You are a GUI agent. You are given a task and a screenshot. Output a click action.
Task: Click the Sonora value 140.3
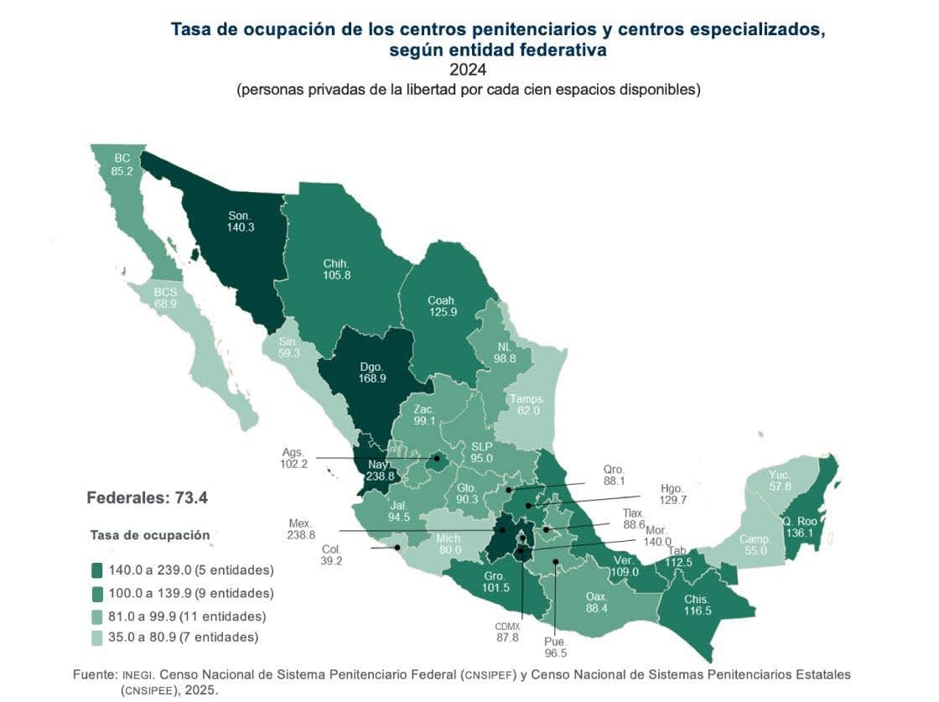pyautogui.click(x=240, y=227)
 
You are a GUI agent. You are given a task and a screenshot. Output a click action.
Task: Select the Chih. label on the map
pyautogui.click(x=335, y=263)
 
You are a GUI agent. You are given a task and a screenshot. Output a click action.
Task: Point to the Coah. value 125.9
pyautogui.click(x=442, y=313)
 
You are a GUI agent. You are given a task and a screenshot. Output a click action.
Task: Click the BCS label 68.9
pyautogui.click(x=165, y=303)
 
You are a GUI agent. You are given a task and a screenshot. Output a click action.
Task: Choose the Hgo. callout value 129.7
pyautogui.click(x=649, y=499)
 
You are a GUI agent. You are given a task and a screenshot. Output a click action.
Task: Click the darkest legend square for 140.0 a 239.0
pyautogui.click(x=97, y=571)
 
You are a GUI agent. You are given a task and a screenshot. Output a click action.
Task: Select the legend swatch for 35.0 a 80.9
pyautogui.click(x=97, y=637)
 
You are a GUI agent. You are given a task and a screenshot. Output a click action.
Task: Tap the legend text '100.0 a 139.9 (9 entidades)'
pyautogui.click(x=192, y=593)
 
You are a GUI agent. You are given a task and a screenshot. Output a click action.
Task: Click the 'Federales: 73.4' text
pyautogui.click(x=147, y=498)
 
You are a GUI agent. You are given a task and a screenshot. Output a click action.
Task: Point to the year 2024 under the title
pyautogui.click(x=468, y=70)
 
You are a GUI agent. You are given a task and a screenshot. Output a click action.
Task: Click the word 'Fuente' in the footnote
pyautogui.click(x=93, y=674)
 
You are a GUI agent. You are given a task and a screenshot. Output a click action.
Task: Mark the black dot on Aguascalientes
pyautogui.click(x=437, y=458)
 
